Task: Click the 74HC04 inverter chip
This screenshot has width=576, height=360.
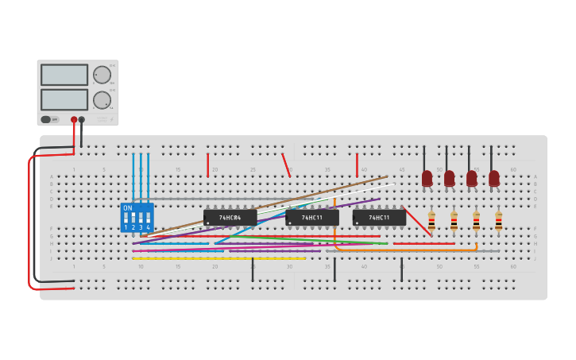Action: [230, 217]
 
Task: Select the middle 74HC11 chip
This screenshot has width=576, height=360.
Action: [312, 217]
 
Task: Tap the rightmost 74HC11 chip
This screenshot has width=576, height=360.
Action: [379, 217]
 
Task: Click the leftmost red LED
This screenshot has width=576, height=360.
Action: [427, 178]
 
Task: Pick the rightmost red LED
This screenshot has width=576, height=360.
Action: [494, 178]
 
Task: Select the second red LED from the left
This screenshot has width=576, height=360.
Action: [450, 178]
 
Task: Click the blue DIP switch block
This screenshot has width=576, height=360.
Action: [137, 217]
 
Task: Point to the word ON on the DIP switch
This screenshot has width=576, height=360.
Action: [128, 208]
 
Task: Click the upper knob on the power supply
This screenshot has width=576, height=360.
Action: [102, 75]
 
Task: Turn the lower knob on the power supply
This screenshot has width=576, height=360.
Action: [102, 100]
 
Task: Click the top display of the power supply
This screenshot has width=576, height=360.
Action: [64, 75]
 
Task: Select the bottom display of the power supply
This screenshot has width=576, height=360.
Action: [64, 99]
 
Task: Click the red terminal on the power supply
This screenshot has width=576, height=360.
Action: [74, 119]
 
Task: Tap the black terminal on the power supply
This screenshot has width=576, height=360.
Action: [82, 119]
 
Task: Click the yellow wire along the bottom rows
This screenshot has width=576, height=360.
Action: [218, 258]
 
